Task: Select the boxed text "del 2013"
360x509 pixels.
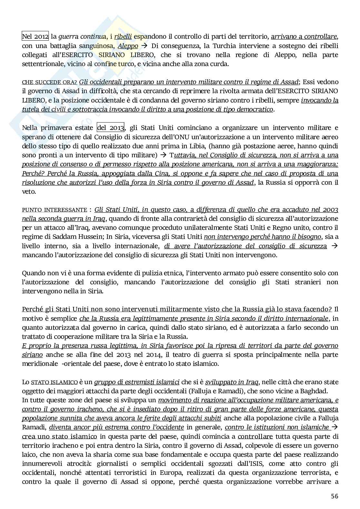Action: [x=111, y=128]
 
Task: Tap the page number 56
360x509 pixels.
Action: [x=335, y=496]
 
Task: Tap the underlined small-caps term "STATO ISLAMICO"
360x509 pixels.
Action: [x=54, y=382]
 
